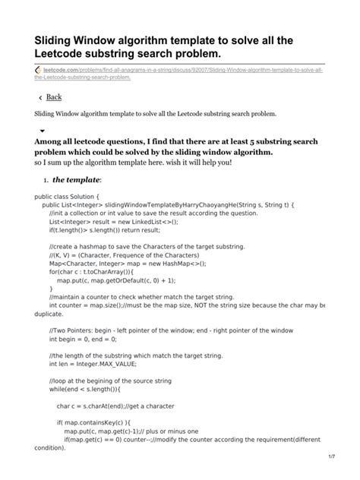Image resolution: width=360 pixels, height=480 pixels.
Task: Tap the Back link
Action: click(x=54, y=97)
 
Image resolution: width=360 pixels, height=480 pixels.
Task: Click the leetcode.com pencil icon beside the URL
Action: click(x=39, y=70)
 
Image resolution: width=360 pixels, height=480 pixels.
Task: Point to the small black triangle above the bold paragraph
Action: click(x=43, y=131)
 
